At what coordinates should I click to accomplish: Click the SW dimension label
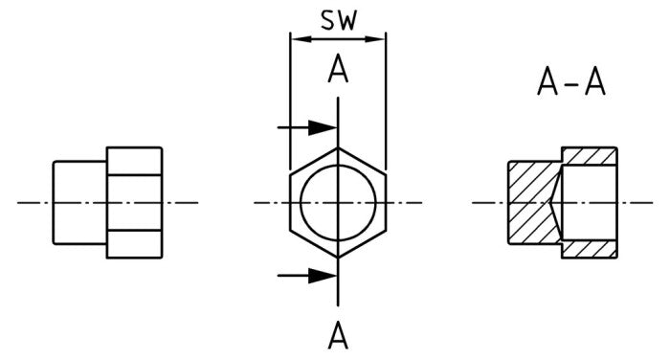[338, 22]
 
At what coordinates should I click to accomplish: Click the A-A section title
[571, 85]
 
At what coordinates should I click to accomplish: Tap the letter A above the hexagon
[338, 71]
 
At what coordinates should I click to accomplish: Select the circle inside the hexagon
[338, 203]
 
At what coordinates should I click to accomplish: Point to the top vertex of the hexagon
[338, 148]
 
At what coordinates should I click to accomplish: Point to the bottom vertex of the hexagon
[338, 258]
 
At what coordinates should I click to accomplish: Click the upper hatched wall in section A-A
[591, 156]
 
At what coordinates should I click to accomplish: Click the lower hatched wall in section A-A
[591, 249]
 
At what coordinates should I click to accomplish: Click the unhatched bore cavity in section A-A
[589, 202]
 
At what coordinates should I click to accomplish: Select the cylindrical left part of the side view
[79, 203]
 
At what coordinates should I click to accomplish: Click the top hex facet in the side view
[134, 161]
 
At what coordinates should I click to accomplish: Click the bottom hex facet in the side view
[134, 244]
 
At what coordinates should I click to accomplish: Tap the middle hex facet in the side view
[134, 203]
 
